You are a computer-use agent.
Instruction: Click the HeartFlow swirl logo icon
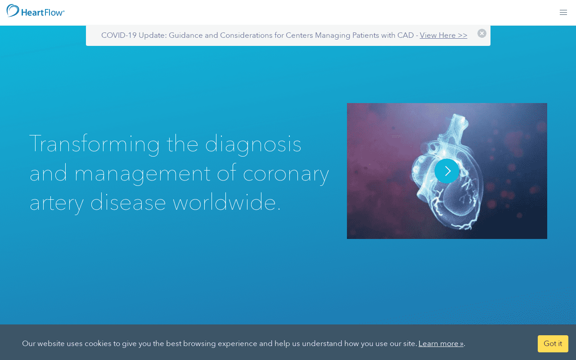point(13,11)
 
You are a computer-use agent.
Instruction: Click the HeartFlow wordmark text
point(43,13)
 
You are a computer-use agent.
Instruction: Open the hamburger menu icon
point(563,12)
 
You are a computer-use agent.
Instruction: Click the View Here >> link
point(443,35)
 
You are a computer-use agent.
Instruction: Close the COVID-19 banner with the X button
point(481,33)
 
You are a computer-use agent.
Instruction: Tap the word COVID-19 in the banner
point(118,35)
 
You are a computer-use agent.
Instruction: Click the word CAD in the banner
point(405,35)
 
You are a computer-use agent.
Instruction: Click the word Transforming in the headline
point(94,144)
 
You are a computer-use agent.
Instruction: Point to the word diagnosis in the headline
point(253,144)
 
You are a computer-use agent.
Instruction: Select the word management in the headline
point(143,174)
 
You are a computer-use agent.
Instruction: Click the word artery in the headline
point(57,203)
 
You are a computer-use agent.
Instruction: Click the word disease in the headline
point(128,202)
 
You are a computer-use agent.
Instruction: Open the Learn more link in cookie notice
point(441,343)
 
